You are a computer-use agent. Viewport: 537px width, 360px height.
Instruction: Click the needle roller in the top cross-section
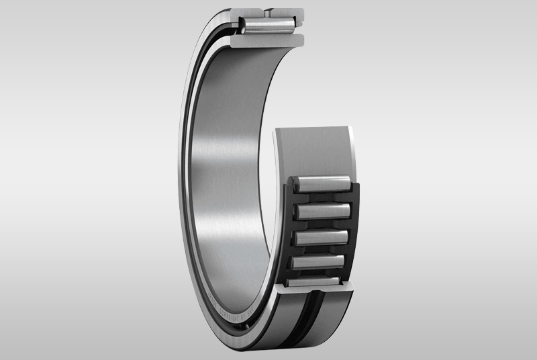tap(268, 26)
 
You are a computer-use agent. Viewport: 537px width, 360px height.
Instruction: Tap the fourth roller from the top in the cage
tap(318, 261)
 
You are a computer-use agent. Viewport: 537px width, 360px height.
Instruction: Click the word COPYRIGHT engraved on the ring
tap(229, 313)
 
